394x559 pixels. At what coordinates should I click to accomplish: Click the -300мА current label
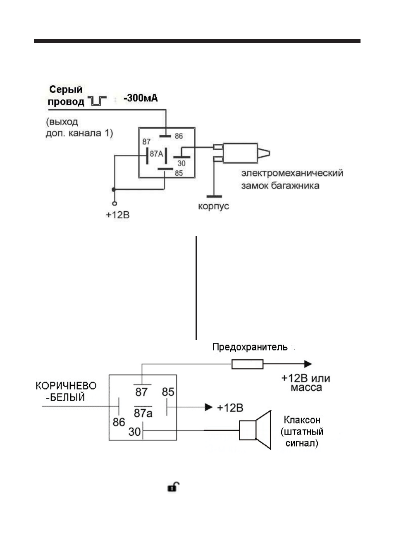[x=141, y=98]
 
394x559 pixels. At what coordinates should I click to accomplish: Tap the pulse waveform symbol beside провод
[x=97, y=101]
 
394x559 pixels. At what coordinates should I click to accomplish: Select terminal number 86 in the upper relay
[x=179, y=136]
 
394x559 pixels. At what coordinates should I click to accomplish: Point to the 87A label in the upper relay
[x=156, y=154]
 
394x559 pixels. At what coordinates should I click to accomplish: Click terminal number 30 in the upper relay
[x=181, y=163]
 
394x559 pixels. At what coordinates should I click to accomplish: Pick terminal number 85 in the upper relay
[x=179, y=173]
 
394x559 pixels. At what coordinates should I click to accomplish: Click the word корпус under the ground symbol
[x=214, y=206]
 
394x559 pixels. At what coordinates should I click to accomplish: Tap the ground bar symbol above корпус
[x=214, y=196]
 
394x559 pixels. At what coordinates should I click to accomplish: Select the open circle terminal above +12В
[x=115, y=203]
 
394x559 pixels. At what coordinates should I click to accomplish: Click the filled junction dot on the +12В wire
[x=114, y=190]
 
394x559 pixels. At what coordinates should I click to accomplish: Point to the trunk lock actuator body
[x=240, y=153]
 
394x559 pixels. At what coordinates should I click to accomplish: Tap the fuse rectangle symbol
[x=247, y=364]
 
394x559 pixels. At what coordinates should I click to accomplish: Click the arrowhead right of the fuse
[x=308, y=364]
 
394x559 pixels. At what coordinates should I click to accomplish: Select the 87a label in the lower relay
[x=143, y=413]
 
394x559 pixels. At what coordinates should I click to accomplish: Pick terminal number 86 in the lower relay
[x=119, y=422]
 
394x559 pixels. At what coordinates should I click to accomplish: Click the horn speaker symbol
[x=255, y=430]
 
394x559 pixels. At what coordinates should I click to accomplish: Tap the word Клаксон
[x=302, y=420]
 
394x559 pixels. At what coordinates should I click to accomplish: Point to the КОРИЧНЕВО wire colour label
[x=66, y=386]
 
